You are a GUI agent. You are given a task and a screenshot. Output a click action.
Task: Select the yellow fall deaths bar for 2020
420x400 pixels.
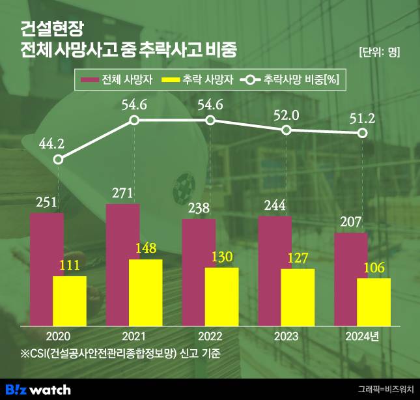pyautogui.click(x=70, y=301)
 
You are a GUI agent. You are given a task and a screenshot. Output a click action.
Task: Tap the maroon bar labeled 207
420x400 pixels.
pyautogui.click(x=351, y=279)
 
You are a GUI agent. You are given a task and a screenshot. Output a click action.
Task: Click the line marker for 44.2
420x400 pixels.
pyautogui.click(x=58, y=160)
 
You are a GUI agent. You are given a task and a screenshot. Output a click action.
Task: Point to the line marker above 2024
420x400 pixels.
pyautogui.click(x=363, y=134)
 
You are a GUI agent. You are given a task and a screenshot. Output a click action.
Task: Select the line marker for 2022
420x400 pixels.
pyautogui.click(x=210, y=120)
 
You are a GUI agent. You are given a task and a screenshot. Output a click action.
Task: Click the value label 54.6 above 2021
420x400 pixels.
pyautogui.click(x=133, y=103)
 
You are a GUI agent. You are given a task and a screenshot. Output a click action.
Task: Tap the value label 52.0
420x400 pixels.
pyautogui.click(x=286, y=114)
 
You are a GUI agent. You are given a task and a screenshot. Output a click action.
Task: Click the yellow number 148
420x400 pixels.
pyautogui.click(x=145, y=249)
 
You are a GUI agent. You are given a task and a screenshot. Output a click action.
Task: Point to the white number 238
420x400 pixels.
pyautogui.click(x=199, y=208)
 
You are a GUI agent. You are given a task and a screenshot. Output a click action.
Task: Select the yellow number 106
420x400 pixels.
pyautogui.click(x=374, y=268)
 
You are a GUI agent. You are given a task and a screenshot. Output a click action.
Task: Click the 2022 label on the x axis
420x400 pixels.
pyautogui.click(x=210, y=336)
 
